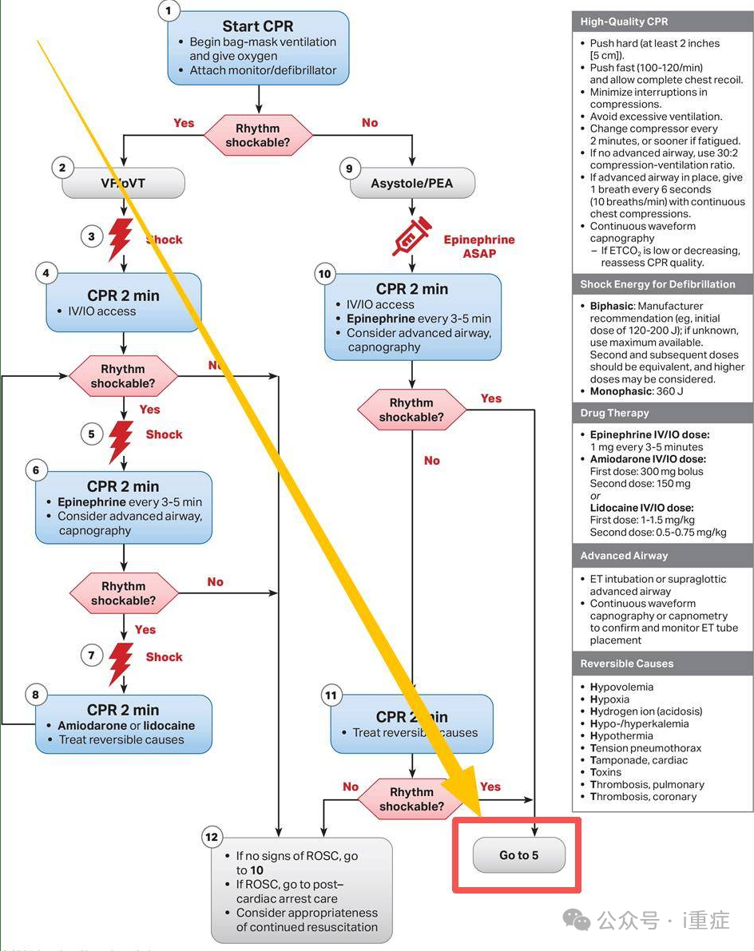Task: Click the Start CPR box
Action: [258, 48]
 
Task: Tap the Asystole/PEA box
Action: [412, 184]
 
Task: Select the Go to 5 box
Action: [519, 855]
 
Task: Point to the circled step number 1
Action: [168, 10]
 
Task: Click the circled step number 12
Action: [212, 837]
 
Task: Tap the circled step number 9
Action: [348, 168]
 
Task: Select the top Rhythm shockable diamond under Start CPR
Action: [258, 136]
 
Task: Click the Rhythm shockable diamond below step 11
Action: [411, 799]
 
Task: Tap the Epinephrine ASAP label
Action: [479, 246]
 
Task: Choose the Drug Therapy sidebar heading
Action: [615, 413]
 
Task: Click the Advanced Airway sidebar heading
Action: [625, 556]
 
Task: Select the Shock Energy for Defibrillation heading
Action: [658, 284]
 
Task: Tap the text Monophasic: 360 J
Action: [637, 391]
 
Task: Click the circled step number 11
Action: [331, 695]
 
